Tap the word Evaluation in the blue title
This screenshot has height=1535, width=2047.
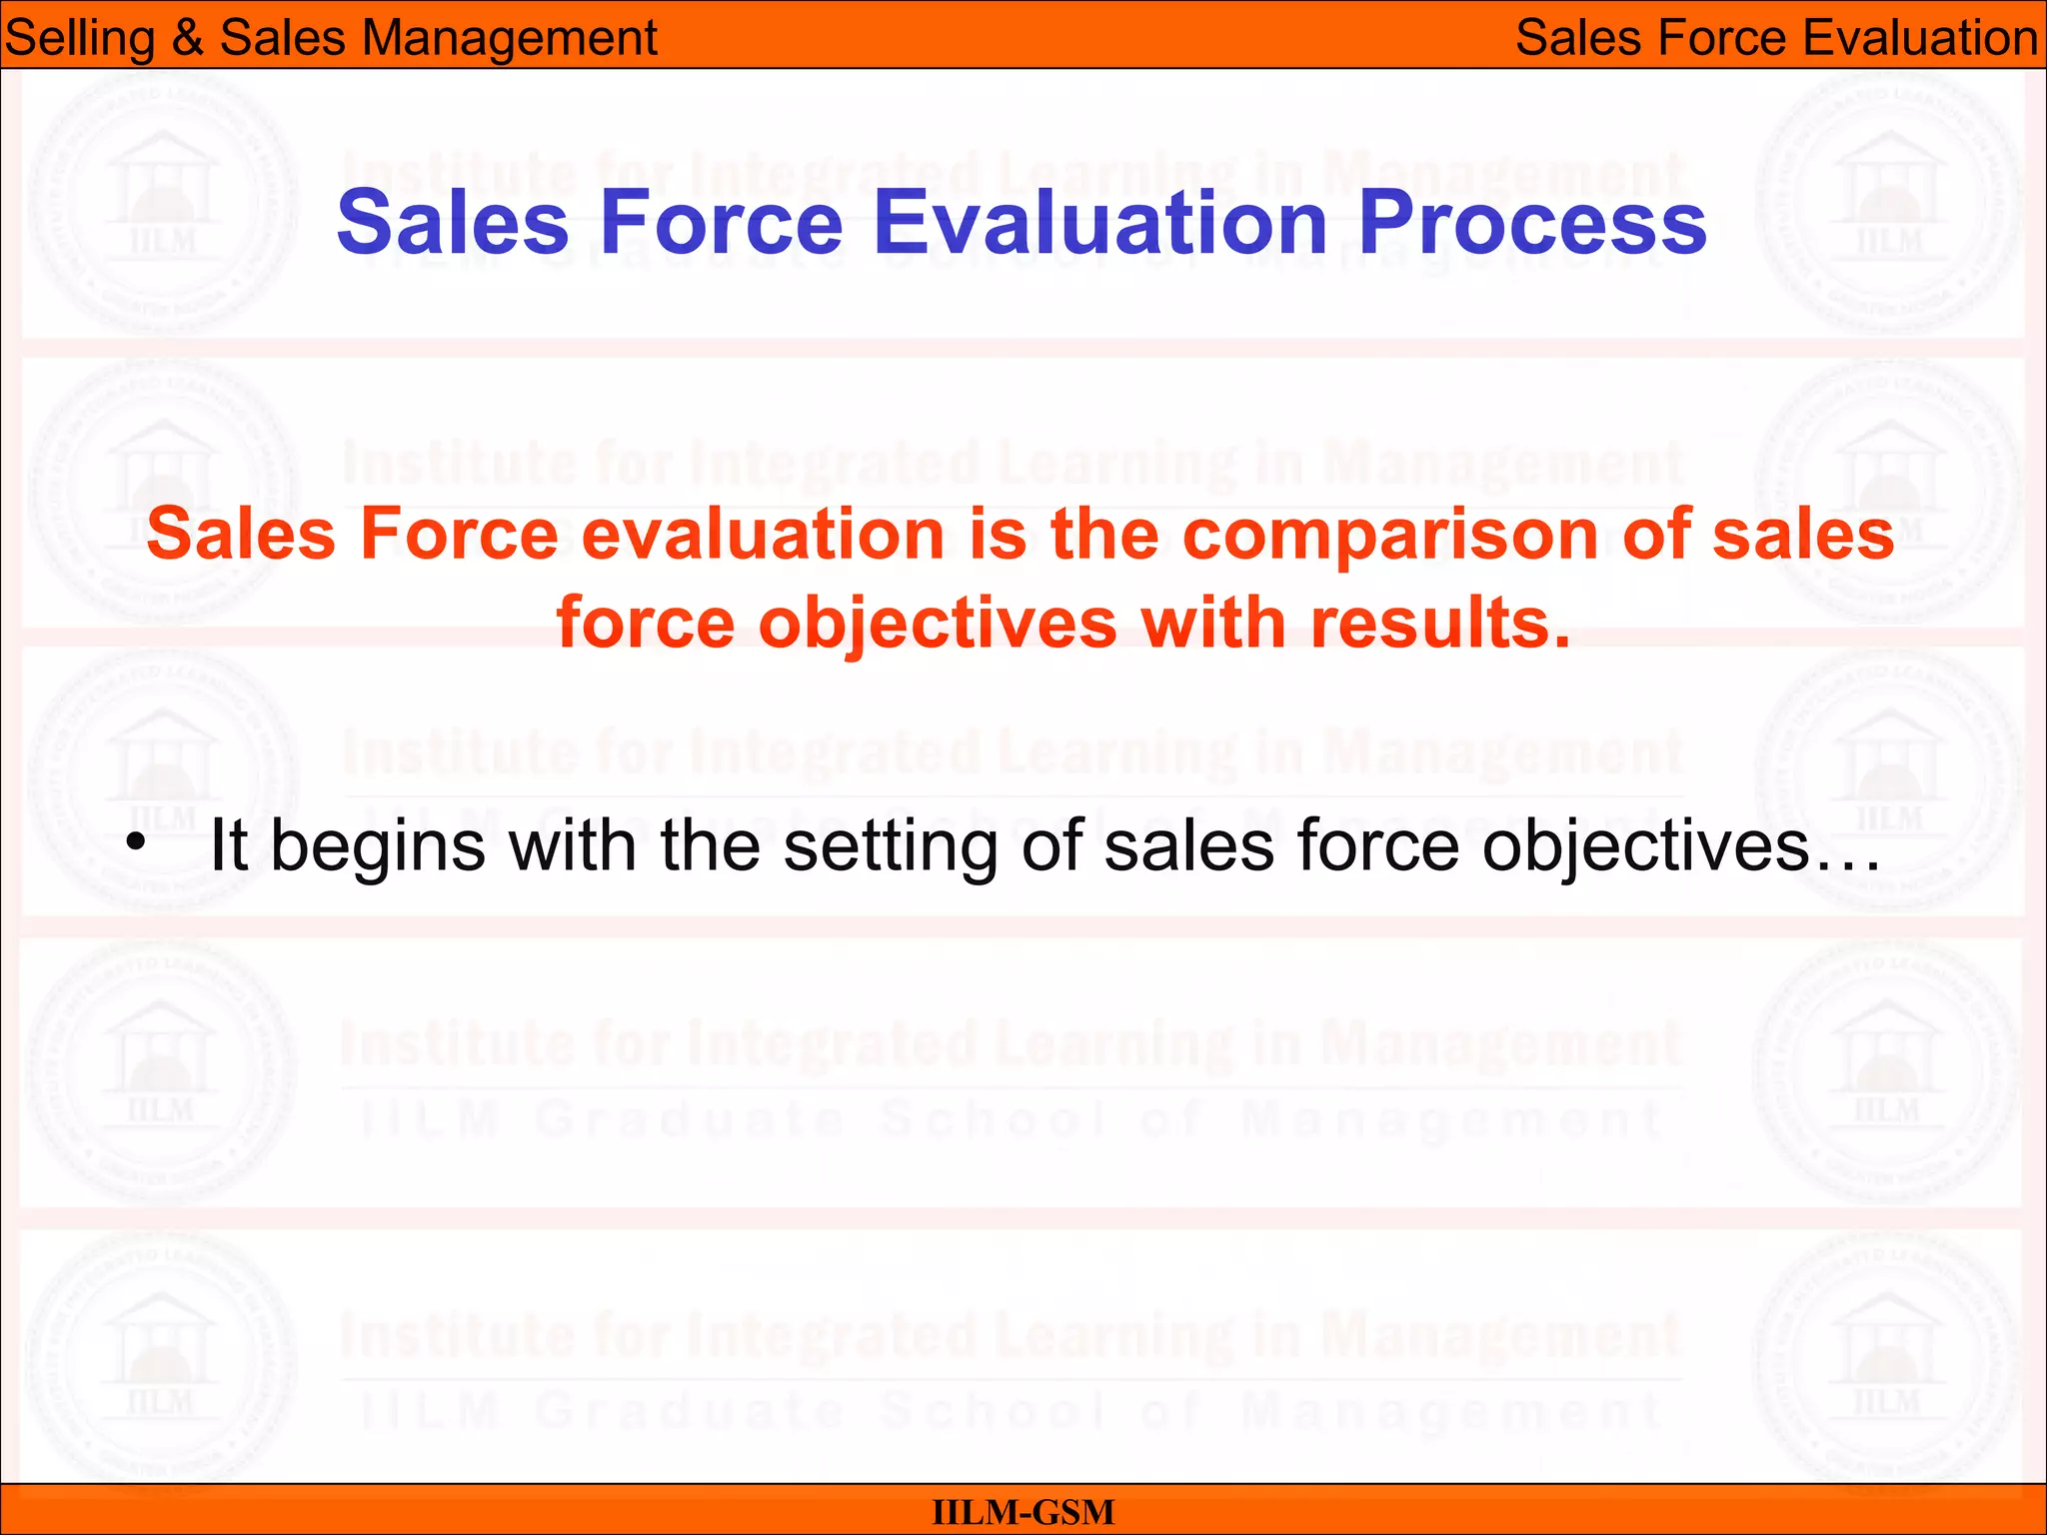[x=1100, y=222]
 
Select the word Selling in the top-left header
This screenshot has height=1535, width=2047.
[x=79, y=38]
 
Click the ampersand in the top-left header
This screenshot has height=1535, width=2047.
[x=187, y=38]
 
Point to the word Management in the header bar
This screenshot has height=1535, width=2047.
[x=509, y=38]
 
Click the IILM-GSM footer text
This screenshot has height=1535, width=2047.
[x=1023, y=1512]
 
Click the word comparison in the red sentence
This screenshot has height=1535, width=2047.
[x=1390, y=535]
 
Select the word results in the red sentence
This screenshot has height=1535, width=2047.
[x=1440, y=624]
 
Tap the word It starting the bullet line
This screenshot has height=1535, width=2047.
[x=228, y=845]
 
